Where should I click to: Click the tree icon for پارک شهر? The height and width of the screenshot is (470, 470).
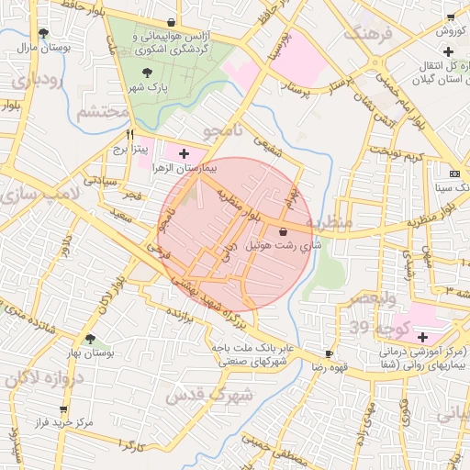(148, 69)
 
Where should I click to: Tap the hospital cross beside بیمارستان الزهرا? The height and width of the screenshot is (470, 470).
(185, 153)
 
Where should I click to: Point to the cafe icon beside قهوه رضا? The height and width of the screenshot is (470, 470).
(330, 353)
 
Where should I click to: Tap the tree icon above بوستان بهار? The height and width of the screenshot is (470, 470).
(90, 339)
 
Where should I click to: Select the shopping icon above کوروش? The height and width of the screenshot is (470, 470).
(450, 17)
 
